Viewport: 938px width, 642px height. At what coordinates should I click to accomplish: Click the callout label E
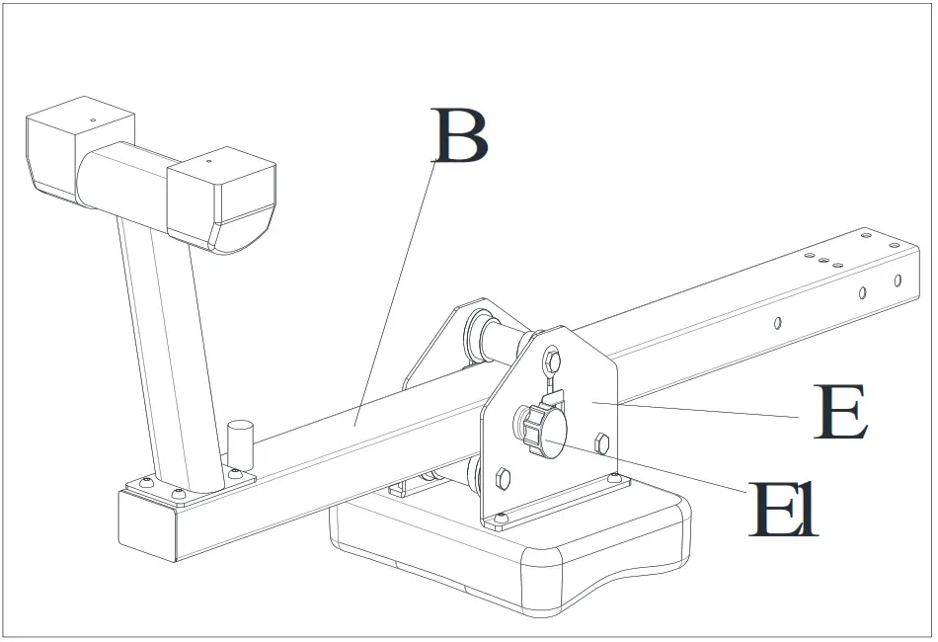click(x=840, y=414)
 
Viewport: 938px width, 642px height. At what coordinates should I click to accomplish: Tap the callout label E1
click(x=783, y=510)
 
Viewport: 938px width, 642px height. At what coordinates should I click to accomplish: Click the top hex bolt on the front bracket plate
click(x=552, y=360)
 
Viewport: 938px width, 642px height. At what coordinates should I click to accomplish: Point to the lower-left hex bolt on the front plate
click(x=502, y=479)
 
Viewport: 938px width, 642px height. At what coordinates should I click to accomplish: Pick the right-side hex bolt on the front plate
click(x=601, y=441)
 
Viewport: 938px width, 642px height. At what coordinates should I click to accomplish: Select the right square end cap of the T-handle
click(x=220, y=198)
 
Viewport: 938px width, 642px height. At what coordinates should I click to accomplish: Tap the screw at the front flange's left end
click(x=501, y=518)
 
